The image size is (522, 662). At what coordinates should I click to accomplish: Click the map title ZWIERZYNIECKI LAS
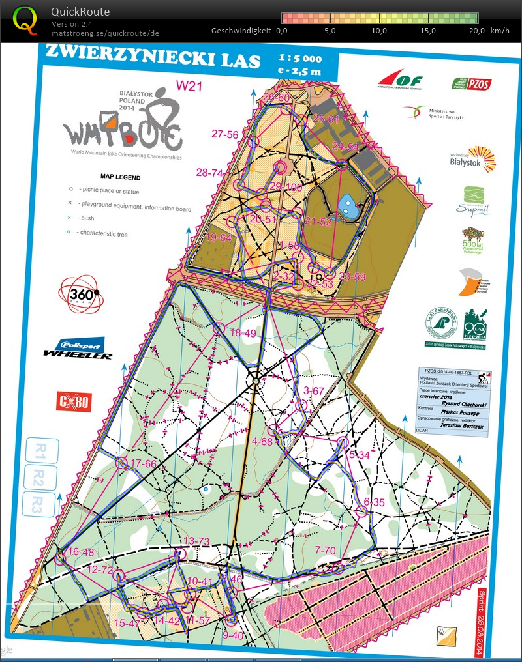(151, 59)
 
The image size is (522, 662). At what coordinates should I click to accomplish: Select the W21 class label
(190, 85)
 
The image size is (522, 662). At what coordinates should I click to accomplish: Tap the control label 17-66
(144, 464)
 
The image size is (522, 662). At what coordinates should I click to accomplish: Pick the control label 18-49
(243, 333)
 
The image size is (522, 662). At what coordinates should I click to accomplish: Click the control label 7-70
(325, 551)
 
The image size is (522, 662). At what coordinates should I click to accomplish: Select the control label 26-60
(276, 98)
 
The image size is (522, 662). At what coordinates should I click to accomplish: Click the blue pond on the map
(346, 207)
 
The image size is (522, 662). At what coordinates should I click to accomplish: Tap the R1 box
(40, 450)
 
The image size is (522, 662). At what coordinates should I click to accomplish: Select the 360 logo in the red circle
(82, 295)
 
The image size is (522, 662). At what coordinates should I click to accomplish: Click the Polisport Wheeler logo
(77, 349)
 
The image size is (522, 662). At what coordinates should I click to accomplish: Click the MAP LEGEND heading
(120, 177)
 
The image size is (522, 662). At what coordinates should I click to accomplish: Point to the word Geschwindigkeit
(241, 31)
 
